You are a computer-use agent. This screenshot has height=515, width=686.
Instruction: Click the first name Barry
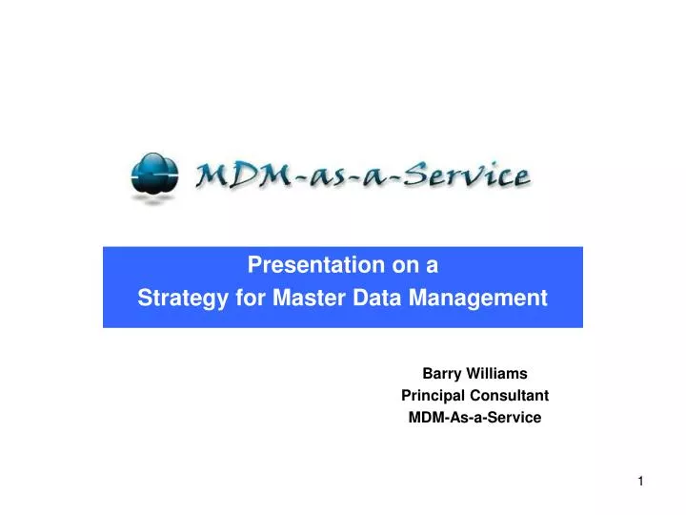point(441,374)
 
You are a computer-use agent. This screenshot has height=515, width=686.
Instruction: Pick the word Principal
point(434,395)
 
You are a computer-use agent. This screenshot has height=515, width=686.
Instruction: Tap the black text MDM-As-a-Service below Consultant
point(474,417)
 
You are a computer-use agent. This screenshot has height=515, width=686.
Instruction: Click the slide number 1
point(641,482)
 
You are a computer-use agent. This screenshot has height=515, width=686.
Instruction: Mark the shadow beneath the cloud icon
point(151,198)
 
